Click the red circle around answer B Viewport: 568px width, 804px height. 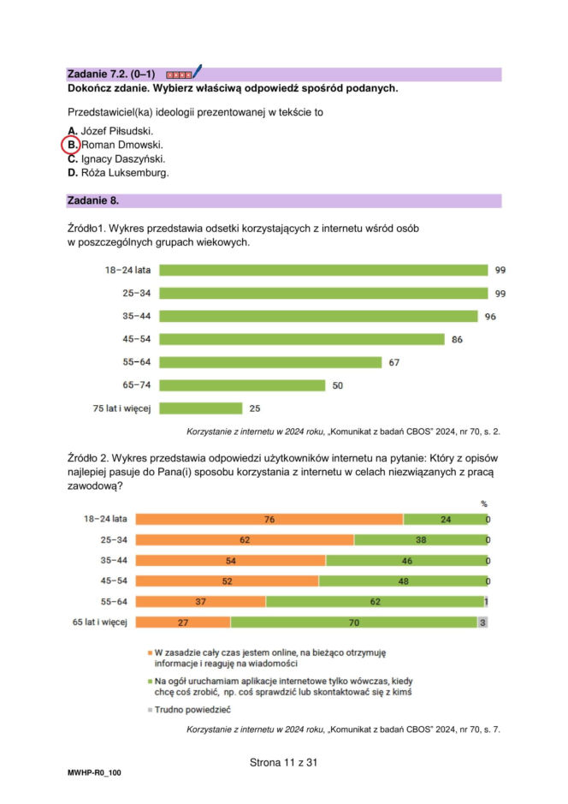(x=72, y=145)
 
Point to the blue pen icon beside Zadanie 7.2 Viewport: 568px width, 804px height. (x=197, y=72)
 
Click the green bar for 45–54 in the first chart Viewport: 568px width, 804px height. (x=301, y=339)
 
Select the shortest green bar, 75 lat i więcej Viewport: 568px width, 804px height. (x=201, y=408)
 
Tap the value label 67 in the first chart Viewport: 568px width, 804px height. (x=394, y=362)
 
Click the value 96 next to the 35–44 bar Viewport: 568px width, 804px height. (x=490, y=316)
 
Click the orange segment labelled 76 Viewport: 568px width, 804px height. (x=269, y=519)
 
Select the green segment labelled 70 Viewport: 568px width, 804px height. (x=352, y=622)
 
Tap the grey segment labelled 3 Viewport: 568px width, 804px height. (x=482, y=622)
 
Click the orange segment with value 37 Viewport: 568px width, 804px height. (x=200, y=602)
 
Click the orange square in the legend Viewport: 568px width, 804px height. (x=149, y=652)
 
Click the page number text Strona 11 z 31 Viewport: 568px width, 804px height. (x=283, y=760)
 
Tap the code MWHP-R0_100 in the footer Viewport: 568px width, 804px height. (x=94, y=772)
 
